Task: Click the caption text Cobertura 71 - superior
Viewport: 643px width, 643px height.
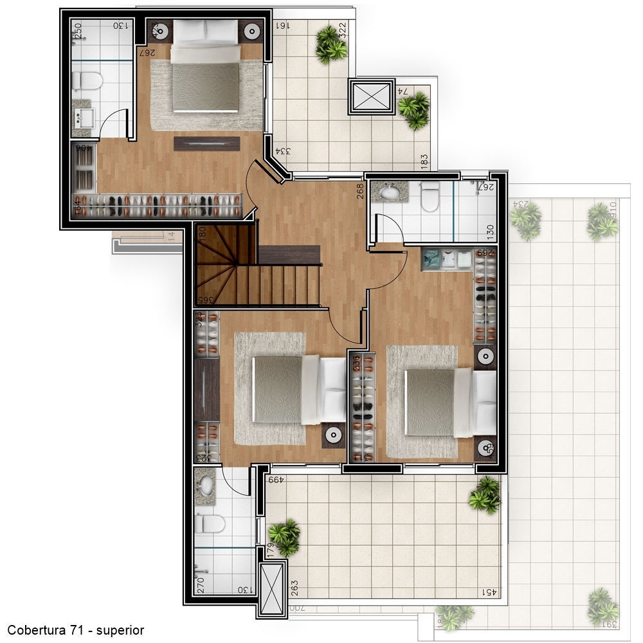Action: [x=76, y=630]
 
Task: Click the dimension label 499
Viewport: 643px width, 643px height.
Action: [x=276, y=479]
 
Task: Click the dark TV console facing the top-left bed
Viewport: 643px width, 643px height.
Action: [x=206, y=143]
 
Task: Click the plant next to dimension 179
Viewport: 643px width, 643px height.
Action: [x=284, y=537]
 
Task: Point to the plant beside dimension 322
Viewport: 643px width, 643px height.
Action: [x=331, y=44]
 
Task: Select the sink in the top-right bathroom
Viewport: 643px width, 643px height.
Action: [x=390, y=192]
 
